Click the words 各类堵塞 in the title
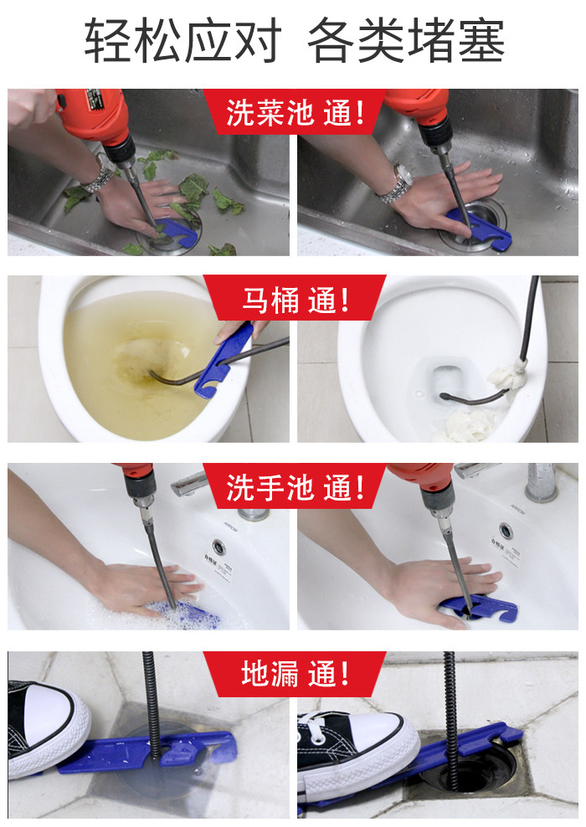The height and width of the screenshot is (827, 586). tap(407, 41)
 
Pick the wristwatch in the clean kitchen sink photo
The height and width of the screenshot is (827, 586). tap(394, 183)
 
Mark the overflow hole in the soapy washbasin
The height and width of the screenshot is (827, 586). tap(219, 546)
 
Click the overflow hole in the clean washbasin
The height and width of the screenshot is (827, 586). tap(505, 530)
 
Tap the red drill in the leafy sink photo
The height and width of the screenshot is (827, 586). tap(91, 113)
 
